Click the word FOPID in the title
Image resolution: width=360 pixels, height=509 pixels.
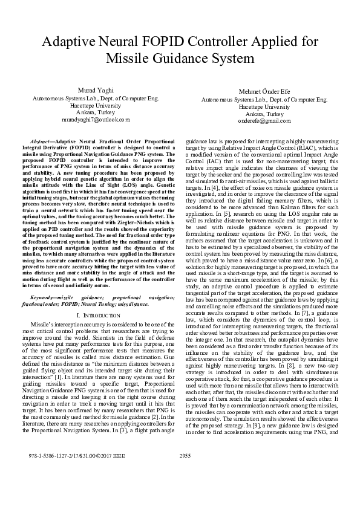(165, 42)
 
